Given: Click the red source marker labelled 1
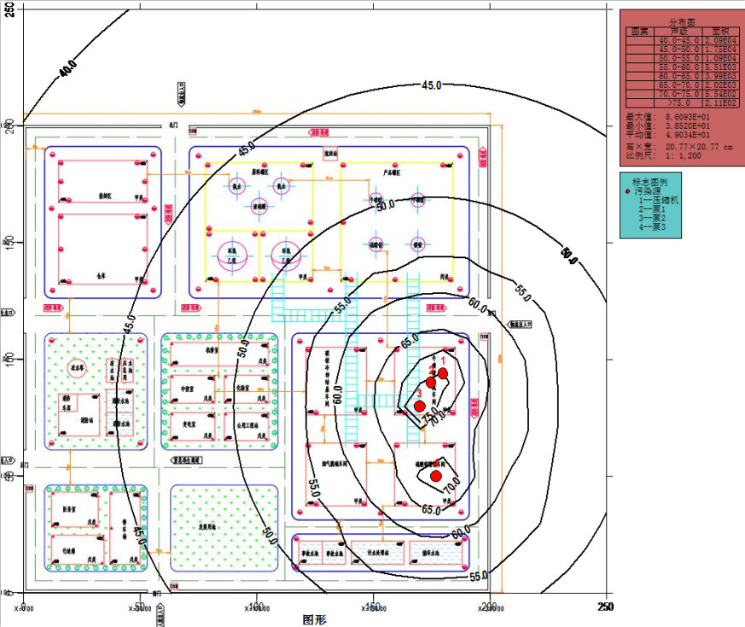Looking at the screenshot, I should point(442,373).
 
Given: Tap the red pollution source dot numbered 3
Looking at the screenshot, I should point(419,406).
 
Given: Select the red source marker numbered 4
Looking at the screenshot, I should point(435,476).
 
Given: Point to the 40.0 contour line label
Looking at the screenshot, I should point(67,68).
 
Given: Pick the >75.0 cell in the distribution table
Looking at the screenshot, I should point(678,103).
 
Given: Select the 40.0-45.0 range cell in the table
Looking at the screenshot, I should point(678,40).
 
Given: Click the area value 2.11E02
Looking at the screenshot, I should point(719,103).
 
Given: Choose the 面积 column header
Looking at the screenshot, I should point(719,31).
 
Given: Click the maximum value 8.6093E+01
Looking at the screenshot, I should point(687,116).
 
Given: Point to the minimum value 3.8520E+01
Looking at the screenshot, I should point(687,126).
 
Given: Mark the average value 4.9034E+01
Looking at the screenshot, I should point(687,134).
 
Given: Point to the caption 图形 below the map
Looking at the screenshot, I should point(315,619).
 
